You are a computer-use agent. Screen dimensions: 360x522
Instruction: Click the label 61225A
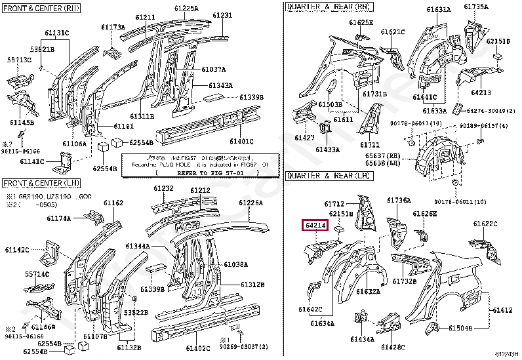pos(186,8)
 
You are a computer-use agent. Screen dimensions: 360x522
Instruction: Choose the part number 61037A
pos(213,69)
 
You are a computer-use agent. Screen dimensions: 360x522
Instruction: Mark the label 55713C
pos(20,59)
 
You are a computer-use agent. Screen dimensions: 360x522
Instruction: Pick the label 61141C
pos(32,161)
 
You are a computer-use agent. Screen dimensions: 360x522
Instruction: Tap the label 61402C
pos(197,348)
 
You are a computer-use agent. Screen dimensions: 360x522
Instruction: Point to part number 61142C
pos(17,250)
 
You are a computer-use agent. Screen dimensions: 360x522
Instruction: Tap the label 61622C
pos(486,224)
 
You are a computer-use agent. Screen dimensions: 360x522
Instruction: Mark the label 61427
pos(304,138)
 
